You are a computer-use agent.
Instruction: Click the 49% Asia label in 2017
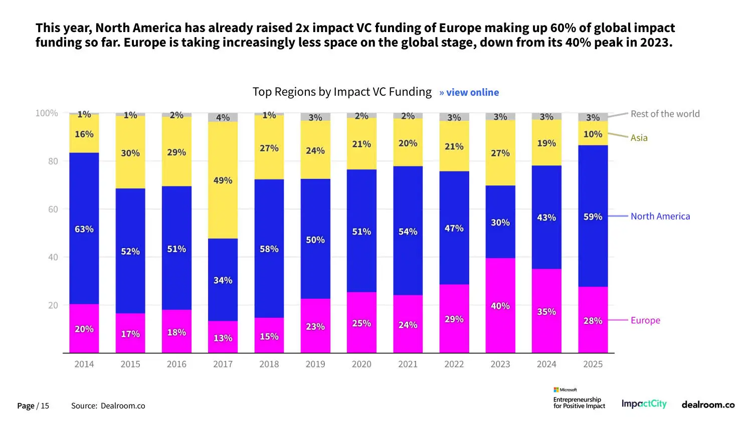[x=223, y=180]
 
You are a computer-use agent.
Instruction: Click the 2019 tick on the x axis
[x=315, y=364]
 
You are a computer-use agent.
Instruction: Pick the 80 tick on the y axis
[x=53, y=161]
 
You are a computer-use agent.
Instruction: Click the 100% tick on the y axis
[x=47, y=113]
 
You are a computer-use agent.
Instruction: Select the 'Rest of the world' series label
[x=665, y=114]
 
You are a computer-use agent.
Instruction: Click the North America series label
[x=660, y=217]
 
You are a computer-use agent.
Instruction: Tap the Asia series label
[x=639, y=138]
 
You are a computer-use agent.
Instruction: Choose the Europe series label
[x=645, y=320]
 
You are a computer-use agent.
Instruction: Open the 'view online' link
[x=469, y=92]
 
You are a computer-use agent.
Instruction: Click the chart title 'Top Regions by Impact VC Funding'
[x=342, y=92]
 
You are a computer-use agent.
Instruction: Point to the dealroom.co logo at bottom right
[x=708, y=404]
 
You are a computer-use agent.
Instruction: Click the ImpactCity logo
[x=644, y=404]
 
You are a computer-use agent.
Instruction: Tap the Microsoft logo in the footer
[x=565, y=390]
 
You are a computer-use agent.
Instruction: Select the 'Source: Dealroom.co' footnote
[x=108, y=406]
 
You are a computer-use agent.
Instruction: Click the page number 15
[x=45, y=406]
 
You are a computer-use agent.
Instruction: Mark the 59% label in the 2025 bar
[x=593, y=217]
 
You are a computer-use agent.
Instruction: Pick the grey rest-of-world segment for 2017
[x=223, y=118]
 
